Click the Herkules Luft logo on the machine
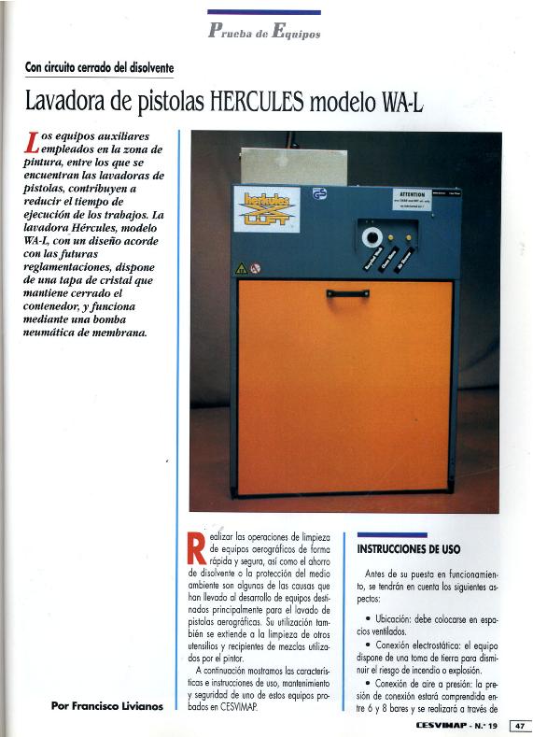tap(266, 209)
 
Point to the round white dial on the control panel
tap(373, 237)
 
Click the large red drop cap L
tap(34, 142)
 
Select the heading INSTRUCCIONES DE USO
tap(409, 549)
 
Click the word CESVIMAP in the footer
tap(443, 725)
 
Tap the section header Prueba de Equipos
tap(264, 32)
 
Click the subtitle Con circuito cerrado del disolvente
tap(99, 67)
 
